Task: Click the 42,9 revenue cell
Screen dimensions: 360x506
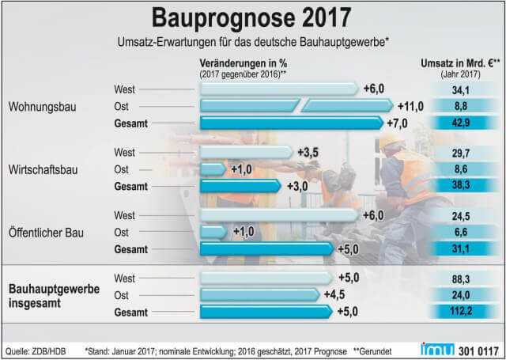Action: (x=459, y=123)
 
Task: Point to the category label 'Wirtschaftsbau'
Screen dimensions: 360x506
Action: (x=43, y=169)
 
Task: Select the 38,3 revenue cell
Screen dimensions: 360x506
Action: (x=459, y=186)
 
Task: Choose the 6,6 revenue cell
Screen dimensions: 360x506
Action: (x=459, y=231)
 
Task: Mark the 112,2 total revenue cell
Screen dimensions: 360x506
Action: (x=459, y=311)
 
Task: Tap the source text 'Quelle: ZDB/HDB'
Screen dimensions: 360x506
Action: (x=38, y=349)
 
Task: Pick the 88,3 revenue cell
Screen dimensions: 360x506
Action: (x=459, y=278)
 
